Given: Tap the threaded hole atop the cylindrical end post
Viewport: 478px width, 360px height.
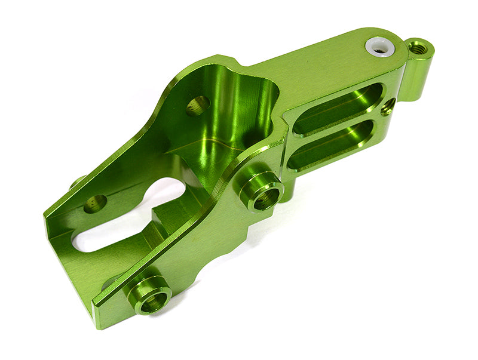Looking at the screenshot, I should (419, 47).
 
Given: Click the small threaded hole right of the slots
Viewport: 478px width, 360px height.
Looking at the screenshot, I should (388, 107).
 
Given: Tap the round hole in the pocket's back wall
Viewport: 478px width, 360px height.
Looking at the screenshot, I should (198, 106).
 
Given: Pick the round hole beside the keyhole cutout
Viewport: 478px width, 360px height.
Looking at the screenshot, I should (95, 204).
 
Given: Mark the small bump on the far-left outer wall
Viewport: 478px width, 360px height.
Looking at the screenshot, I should (78, 183).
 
